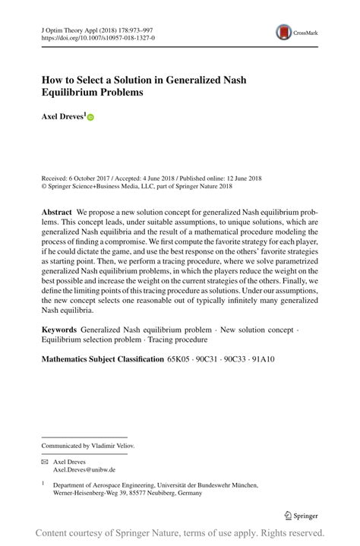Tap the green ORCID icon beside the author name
click(x=91, y=118)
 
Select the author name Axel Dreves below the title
click(x=62, y=118)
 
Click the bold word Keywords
click(x=59, y=330)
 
